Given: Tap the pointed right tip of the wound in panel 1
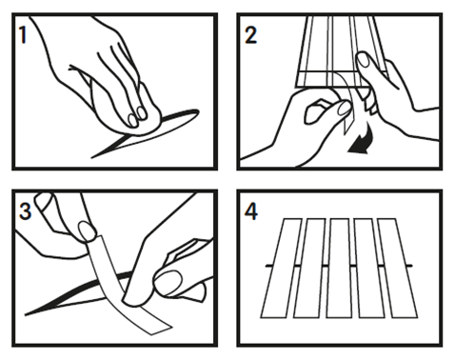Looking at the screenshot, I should (197, 112).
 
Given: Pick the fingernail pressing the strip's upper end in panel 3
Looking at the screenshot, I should (87, 231).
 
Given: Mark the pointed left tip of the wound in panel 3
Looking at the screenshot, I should (29, 311).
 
